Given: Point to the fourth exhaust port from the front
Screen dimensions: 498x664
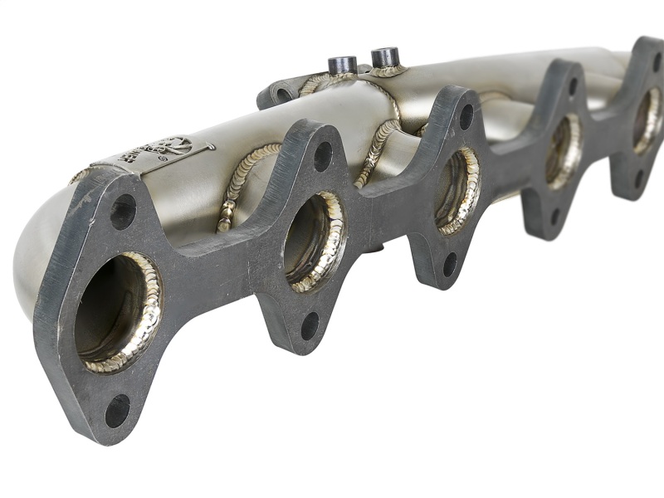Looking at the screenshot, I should [x=564, y=150].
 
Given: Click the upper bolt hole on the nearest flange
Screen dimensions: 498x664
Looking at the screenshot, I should [x=123, y=212].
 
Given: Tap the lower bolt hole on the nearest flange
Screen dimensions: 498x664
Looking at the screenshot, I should [x=117, y=410].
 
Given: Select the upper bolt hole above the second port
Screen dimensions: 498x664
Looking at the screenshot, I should [x=322, y=155].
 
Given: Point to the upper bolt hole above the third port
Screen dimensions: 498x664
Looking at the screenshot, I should [x=466, y=117].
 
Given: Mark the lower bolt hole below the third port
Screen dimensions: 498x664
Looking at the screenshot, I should [x=449, y=263].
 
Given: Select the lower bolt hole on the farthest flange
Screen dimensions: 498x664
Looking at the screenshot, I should [x=638, y=178].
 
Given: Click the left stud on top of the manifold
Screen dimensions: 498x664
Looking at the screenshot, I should [x=342, y=65].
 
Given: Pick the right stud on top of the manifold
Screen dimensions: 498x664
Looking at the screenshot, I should [x=385, y=57].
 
